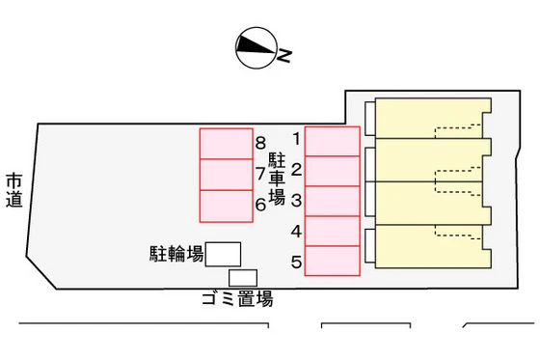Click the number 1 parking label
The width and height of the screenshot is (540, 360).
point(296,139)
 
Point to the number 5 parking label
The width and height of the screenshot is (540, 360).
point(296,261)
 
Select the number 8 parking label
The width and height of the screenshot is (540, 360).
point(260,144)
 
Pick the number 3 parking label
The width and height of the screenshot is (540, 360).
point(296,201)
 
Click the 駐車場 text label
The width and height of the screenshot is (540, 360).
point(277,176)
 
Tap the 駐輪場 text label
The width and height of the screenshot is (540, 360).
point(175,254)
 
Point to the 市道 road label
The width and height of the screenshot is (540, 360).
point(13,189)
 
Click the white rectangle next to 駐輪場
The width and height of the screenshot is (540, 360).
point(224,254)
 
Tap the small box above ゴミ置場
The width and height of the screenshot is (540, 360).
point(243,277)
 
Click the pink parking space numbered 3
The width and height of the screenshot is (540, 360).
point(332,201)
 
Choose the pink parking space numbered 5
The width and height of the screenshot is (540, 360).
point(332,261)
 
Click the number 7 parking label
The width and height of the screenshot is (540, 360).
point(260,175)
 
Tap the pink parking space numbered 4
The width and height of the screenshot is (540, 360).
point(332,231)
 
